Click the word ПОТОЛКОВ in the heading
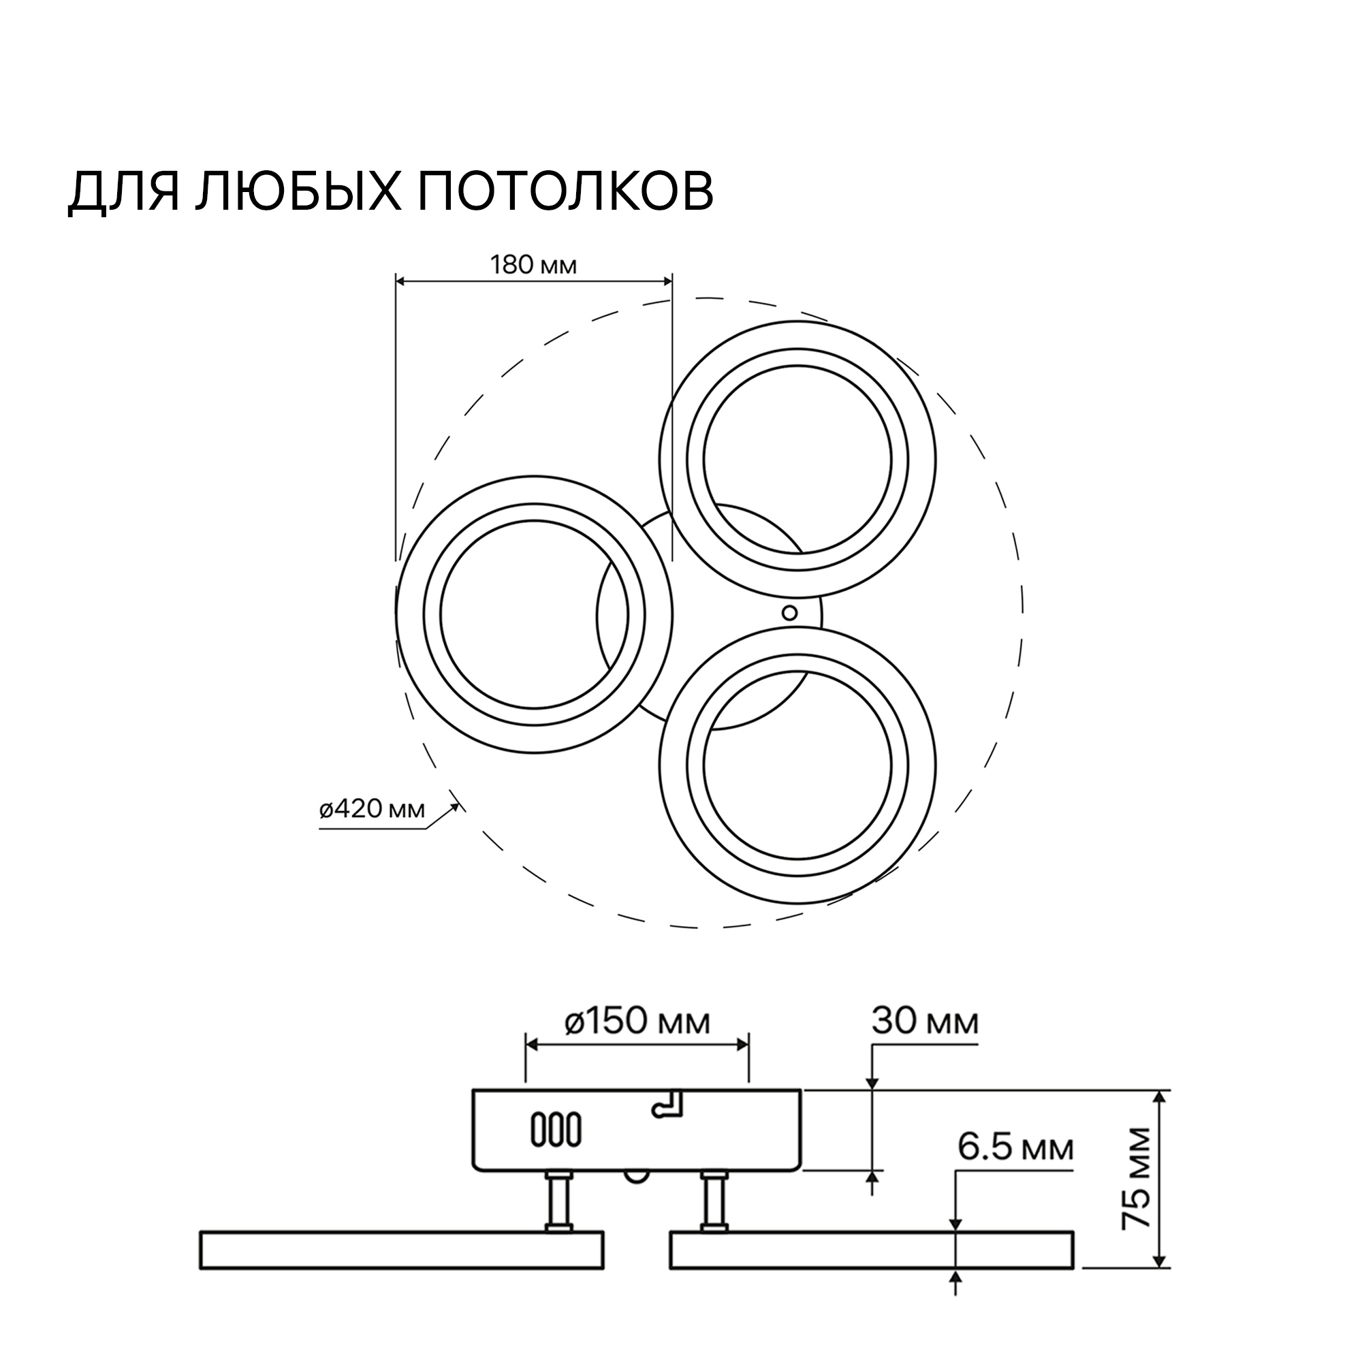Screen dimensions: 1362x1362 [x=565, y=191]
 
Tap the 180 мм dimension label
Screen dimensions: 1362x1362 [x=533, y=266]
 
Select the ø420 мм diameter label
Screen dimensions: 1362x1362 [x=373, y=809]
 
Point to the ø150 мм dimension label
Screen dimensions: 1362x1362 [x=637, y=1022]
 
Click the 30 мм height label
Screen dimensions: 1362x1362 [x=925, y=1022]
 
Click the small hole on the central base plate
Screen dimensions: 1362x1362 [x=789, y=613]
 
